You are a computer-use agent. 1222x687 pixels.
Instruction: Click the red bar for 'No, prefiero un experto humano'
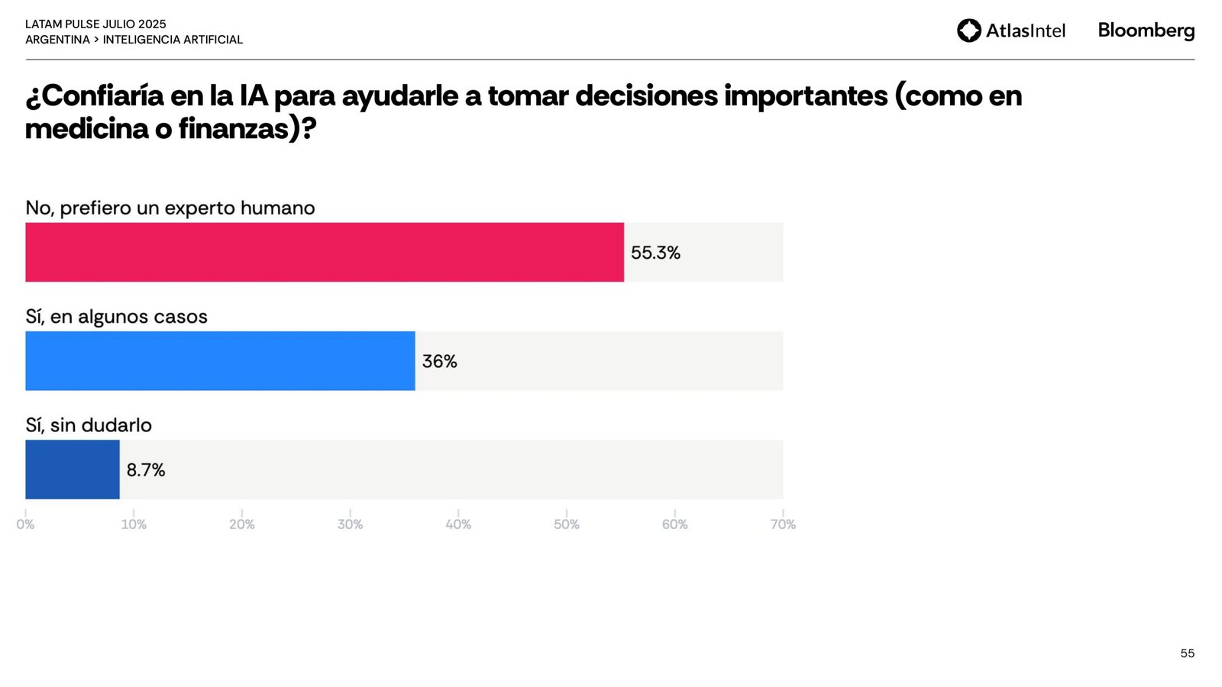pos(325,253)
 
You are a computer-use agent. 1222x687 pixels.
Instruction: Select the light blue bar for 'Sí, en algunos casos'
pos(220,361)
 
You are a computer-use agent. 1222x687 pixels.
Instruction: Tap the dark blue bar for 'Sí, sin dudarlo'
pos(73,469)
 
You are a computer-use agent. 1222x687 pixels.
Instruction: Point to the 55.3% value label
pos(655,253)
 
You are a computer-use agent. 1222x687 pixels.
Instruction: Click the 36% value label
pos(439,361)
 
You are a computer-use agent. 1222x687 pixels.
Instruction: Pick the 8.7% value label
pos(146,469)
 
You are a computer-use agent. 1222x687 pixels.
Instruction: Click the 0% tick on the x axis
pos(25,524)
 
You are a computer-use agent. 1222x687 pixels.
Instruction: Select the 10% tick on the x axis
pos(134,524)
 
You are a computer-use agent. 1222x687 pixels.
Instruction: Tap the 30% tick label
pos(350,524)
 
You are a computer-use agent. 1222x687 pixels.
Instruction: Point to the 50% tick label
pos(567,524)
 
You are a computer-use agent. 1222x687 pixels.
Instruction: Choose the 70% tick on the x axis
pos(783,524)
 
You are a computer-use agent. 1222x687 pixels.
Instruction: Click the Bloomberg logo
pos(1146,31)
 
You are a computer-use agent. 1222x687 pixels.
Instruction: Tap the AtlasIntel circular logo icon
pos(969,31)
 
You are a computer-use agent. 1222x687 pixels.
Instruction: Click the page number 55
pos(1187,653)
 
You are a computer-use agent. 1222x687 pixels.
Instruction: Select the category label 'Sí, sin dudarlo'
pos(89,425)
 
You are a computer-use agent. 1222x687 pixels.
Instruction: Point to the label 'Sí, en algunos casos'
pos(116,317)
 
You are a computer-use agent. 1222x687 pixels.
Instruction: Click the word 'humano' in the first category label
pos(277,208)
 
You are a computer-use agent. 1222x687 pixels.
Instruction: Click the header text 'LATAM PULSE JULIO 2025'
pos(95,24)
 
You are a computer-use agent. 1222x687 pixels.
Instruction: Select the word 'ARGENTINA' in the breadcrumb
pos(57,40)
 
